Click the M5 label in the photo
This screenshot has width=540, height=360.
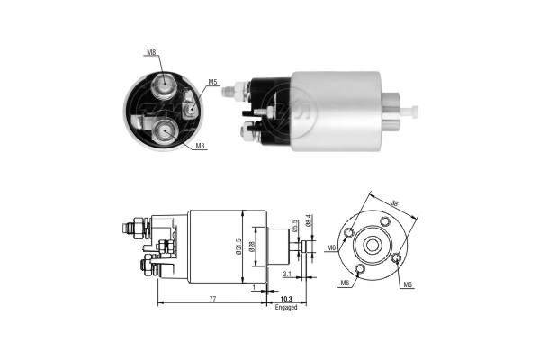[x=213, y=83]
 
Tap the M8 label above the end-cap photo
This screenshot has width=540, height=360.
[x=151, y=53]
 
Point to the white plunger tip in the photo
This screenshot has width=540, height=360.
[x=415, y=112]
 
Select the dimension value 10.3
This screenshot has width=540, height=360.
[x=285, y=298]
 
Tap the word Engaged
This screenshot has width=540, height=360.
[x=285, y=307]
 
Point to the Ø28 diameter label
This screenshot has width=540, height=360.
[x=254, y=244]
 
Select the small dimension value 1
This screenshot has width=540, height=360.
[x=255, y=288]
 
